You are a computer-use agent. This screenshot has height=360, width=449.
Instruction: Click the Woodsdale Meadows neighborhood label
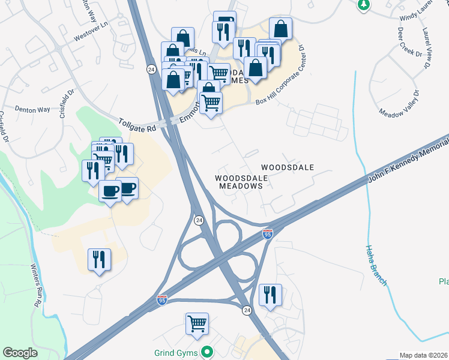pyautogui.click(x=240, y=182)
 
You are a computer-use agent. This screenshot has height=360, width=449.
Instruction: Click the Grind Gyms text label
pyautogui.click(x=176, y=352)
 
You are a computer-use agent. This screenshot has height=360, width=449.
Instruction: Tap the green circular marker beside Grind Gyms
pyautogui.click(x=208, y=352)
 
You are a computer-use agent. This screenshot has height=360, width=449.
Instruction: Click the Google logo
pyautogui.click(x=20, y=353)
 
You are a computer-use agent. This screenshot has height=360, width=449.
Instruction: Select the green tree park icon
pyautogui.click(x=363, y=5)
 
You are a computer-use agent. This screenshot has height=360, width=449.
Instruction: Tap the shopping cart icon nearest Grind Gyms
pyautogui.click(x=197, y=324)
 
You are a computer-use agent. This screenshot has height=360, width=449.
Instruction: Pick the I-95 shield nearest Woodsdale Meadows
pyautogui.click(x=268, y=233)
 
